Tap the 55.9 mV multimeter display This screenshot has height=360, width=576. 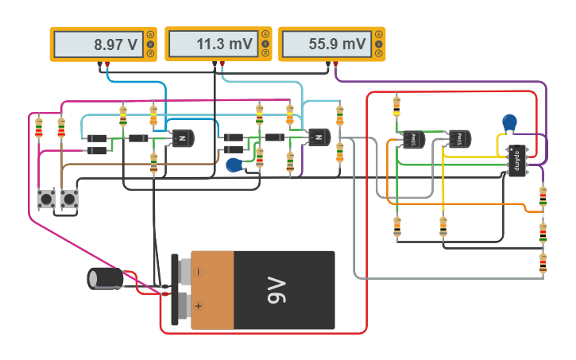327,45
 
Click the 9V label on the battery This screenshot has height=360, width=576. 275,291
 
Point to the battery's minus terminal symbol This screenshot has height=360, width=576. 199,272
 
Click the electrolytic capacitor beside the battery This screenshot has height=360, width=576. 104,278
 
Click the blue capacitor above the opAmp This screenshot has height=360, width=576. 510,122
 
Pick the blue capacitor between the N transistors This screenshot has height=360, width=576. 234,165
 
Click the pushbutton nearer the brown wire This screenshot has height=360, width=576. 70,198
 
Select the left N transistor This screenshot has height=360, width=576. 183,138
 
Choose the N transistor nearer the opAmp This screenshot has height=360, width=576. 319,138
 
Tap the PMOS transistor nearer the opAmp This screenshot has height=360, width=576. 459,139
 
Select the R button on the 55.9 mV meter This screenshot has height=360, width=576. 379,53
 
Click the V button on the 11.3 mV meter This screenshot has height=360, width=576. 265,44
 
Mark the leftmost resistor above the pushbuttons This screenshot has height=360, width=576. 39,127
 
